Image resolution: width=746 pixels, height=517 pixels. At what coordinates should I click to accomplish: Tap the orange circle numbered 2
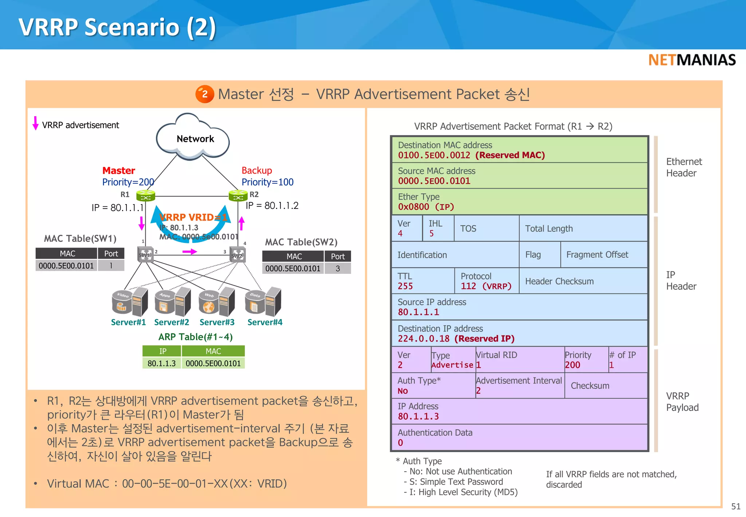(x=205, y=94)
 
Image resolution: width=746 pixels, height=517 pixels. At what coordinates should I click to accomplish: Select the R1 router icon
(x=145, y=196)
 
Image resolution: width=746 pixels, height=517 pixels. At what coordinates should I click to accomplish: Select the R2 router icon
(x=238, y=196)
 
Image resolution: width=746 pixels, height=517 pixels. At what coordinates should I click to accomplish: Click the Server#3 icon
(x=217, y=302)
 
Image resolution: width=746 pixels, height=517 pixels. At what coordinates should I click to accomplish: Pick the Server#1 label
(x=128, y=322)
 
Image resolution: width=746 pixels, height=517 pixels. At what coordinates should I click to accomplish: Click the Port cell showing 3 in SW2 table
(x=338, y=269)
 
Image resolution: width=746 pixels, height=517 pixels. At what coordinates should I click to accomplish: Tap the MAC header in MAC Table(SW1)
(x=67, y=253)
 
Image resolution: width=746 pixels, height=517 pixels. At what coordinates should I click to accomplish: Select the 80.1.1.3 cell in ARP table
(x=161, y=364)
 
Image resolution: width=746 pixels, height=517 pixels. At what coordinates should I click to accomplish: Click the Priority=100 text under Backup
(x=267, y=182)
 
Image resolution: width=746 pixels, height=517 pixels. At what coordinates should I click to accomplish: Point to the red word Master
(x=118, y=170)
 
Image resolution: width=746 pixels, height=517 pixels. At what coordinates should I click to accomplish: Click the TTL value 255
(x=405, y=286)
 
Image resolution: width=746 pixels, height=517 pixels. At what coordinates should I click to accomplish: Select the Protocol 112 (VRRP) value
(x=486, y=286)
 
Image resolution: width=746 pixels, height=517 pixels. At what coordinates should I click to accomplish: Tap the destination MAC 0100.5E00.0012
(x=434, y=155)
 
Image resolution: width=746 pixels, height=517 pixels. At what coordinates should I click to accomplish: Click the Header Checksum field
(x=559, y=281)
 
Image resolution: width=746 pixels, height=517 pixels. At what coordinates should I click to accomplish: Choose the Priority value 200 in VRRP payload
(x=572, y=365)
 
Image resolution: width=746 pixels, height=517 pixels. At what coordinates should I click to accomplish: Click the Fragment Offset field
(x=597, y=254)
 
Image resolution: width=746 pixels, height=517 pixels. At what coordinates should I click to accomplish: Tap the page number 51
(x=735, y=506)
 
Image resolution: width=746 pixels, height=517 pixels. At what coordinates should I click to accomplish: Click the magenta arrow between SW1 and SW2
(x=189, y=252)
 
